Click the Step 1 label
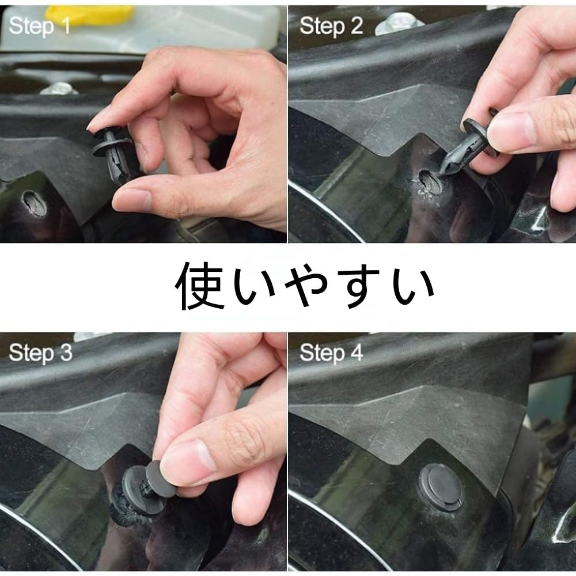(40, 25)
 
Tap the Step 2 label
(331, 25)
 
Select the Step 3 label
(40, 353)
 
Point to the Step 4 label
(331, 353)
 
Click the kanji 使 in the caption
(200, 286)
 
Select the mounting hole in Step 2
(428, 183)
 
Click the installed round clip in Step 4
(441, 487)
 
